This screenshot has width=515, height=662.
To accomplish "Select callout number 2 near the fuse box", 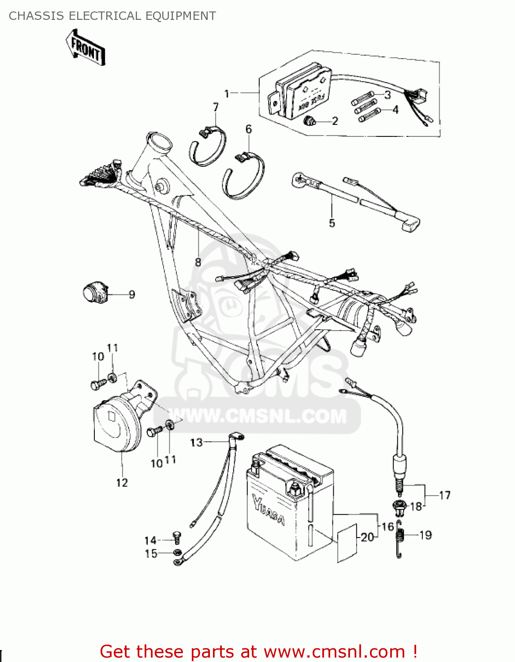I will (x=335, y=121).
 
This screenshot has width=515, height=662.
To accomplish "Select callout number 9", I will (x=131, y=294).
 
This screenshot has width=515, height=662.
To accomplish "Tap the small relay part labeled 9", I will (x=95, y=293).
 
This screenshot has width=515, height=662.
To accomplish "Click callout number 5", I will (x=332, y=223).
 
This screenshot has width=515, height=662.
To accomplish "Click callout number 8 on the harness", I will (x=198, y=262).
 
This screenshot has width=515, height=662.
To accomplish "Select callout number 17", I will (x=444, y=495).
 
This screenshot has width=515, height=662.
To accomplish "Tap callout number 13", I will (x=196, y=442).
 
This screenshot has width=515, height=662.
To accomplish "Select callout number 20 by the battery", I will (x=367, y=537).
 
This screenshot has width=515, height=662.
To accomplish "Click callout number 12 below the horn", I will (x=122, y=483).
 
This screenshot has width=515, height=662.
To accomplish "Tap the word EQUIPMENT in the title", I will (x=180, y=16).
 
